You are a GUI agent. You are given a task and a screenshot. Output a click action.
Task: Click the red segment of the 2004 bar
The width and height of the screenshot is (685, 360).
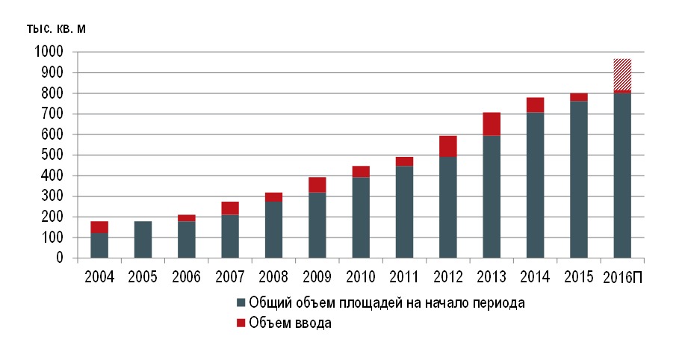[99, 227]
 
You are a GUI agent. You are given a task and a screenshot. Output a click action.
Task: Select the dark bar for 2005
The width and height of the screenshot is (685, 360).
[143, 239]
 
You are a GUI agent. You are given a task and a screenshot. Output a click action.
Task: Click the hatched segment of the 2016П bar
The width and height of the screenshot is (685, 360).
[622, 74]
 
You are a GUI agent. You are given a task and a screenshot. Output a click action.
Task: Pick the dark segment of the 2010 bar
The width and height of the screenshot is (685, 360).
[361, 217]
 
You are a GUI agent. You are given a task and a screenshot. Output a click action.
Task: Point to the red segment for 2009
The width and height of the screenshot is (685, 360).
[317, 184]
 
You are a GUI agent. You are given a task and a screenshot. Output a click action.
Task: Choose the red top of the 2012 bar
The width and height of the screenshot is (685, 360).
[447, 146]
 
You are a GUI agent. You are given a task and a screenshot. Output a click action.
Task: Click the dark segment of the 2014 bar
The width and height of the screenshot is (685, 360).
[535, 185]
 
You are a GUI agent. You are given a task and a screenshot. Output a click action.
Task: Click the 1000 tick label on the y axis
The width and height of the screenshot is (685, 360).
[48, 52]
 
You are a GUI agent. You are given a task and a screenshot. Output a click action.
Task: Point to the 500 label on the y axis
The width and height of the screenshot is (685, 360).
[52, 155]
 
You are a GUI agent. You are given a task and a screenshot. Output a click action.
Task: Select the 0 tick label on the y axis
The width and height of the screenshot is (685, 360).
[59, 258]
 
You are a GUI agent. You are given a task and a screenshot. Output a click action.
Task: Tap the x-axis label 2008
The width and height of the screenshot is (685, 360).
[273, 277]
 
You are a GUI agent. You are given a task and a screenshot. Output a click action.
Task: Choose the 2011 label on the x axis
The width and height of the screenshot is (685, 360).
[404, 277]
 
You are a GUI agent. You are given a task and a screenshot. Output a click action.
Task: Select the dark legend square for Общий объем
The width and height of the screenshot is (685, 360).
[241, 303]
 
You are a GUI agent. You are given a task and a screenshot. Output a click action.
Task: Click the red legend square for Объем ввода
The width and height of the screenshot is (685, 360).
[241, 323]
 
